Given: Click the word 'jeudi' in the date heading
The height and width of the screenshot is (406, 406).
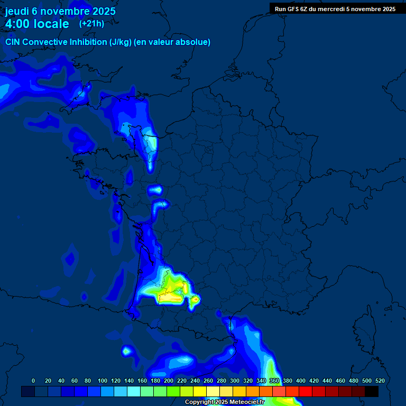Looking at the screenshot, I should (17, 11).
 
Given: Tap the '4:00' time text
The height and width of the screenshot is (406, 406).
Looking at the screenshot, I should (18, 24).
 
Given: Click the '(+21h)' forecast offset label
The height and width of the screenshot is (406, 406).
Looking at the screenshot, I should (91, 24).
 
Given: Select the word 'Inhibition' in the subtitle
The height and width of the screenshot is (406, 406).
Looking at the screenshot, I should (88, 42).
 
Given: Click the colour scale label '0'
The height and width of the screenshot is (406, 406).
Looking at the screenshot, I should (33, 381).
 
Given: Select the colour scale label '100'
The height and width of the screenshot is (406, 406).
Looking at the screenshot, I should (102, 381).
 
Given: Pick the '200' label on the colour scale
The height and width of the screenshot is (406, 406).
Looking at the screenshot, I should (168, 381).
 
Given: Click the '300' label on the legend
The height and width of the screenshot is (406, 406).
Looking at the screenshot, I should (234, 381).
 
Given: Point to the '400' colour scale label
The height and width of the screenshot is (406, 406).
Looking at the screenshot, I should (300, 381).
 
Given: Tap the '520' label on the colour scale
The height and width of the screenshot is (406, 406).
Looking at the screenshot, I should (380, 381).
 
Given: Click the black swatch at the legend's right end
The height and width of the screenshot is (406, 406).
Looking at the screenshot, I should (372, 391).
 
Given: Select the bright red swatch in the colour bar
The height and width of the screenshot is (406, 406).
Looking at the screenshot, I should (306, 391).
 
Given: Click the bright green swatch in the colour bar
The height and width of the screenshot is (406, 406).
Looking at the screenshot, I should (173, 391).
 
